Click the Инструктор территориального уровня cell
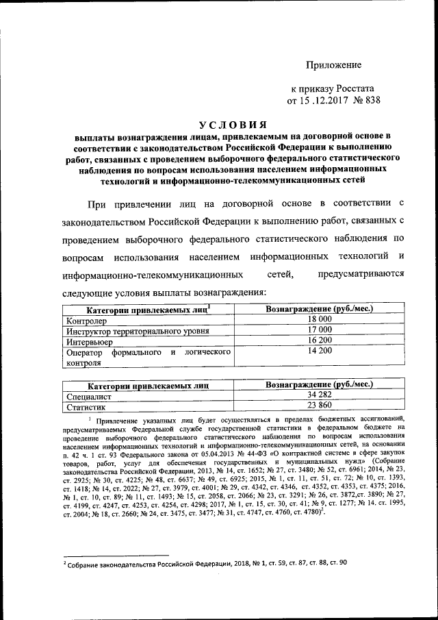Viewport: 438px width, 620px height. pos(137,330)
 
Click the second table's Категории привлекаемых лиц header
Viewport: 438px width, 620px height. pos(148,386)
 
